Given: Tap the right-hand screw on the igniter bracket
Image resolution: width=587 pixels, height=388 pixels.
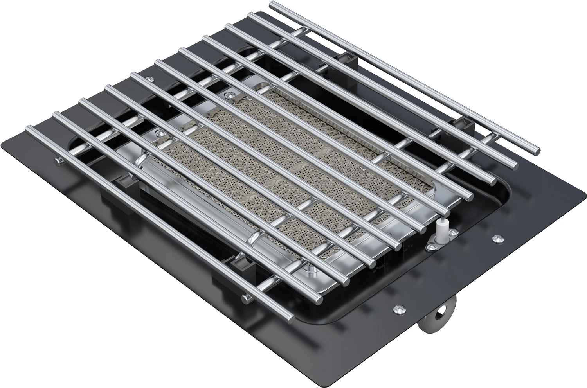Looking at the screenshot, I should point(455,234).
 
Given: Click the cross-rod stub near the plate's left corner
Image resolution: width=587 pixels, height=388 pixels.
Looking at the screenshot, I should point(58,160).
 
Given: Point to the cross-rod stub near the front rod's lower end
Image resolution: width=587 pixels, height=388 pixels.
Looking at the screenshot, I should point(246,300).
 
